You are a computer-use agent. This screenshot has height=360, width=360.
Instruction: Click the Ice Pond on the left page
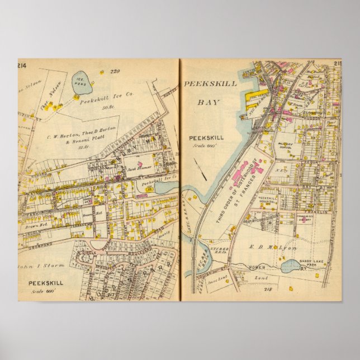pyautogui.click(x=82, y=84)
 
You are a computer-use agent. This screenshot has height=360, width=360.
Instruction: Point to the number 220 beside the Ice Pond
pyautogui.click(x=115, y=71)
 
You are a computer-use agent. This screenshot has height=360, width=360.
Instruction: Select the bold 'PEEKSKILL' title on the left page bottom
pyautogui.click(x=46, y=283)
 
